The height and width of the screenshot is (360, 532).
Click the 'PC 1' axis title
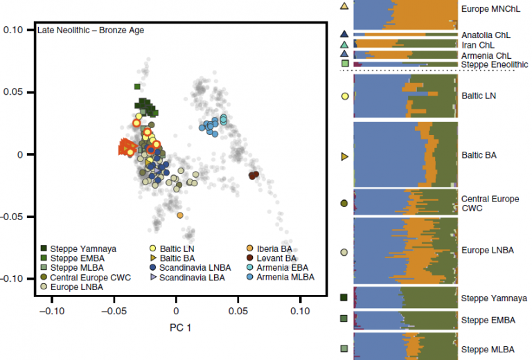pyautogui.click(x=177, y=325)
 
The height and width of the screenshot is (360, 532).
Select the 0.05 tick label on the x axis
pyautogui.click(x=238, y=312)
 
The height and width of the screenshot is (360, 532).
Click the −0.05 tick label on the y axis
pyautogui.click(x=12, y=217)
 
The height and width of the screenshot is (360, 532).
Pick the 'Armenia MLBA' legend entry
pyautogui.click(x=284, y=277)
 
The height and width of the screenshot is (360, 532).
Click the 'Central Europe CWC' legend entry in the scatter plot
pyautogui.click(x=85, y=277)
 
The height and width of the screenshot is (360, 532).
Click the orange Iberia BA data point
pyautogui.click(x=180, y=215)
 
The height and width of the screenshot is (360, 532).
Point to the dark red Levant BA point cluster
pyautogui.click(x=254, y=175)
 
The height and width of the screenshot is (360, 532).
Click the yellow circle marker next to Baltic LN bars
pyautogui.click(x=344, y=96)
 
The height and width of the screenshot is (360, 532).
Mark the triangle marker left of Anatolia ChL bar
pyautogui.click(x=344, y=34)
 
